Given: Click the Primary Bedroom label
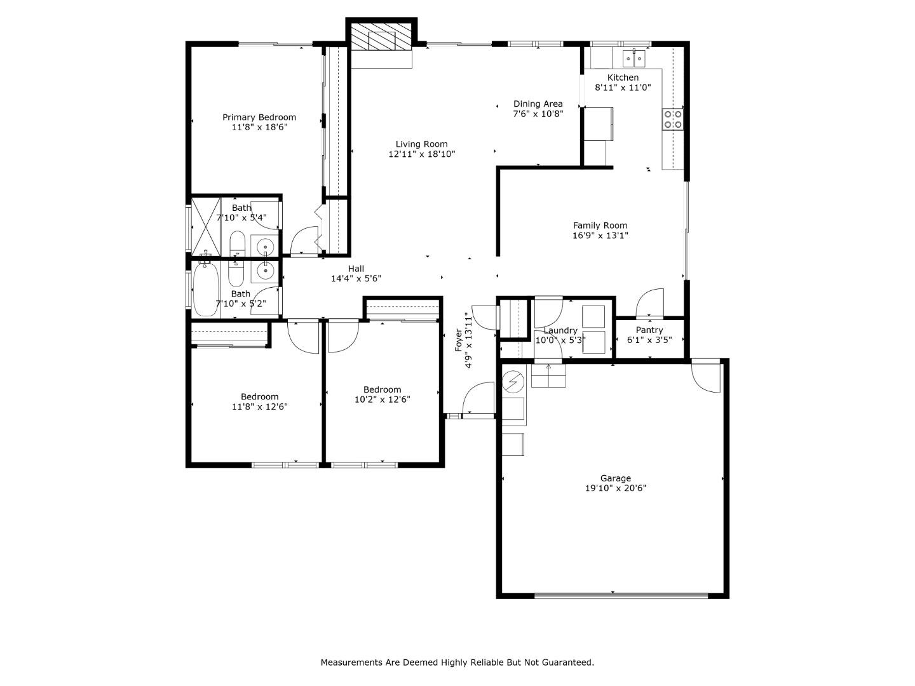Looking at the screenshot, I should coord(259,117).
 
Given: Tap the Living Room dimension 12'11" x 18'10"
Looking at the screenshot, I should coord(422,154).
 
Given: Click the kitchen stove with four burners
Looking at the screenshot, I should coord(673,119).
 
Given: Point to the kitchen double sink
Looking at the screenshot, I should coord(634,58).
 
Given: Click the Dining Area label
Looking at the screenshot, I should coord(538,104).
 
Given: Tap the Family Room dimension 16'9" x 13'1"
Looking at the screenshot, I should coord(600,236).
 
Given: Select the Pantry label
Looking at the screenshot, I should coord(649,330).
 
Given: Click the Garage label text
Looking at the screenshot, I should coord(615,478).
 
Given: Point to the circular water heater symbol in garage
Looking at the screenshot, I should coord(513,382).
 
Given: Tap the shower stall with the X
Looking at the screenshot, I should coord(205,227).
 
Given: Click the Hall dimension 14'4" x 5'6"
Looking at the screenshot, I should coord(356,279).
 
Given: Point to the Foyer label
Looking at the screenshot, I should coord(459,340).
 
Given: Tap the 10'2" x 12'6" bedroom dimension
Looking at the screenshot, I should coord(382,400).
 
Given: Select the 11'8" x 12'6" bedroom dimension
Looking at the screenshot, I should coord(259,407).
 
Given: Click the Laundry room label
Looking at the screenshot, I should coord(560,330).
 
